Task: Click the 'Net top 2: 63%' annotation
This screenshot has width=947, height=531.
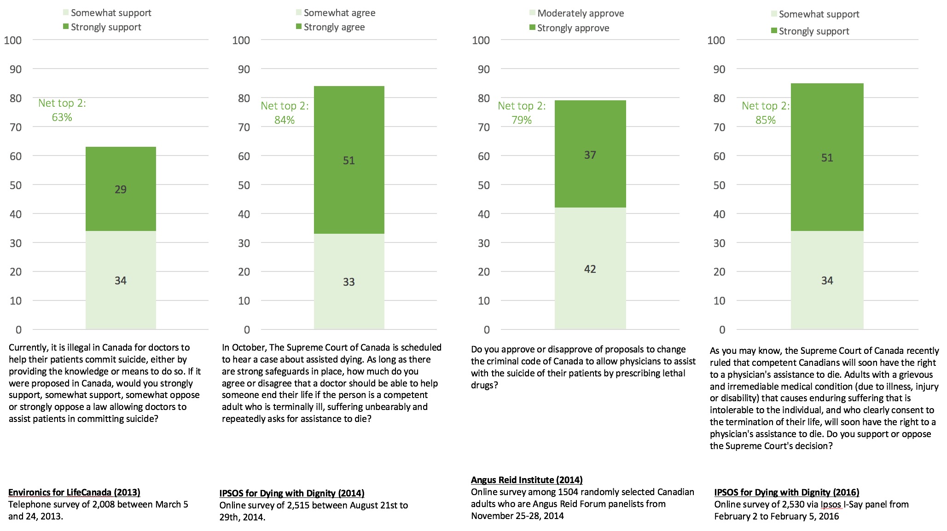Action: click(62, 110)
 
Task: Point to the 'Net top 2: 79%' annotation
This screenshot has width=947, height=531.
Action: click(522, 113)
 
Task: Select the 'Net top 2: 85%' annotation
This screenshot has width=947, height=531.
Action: click(766, 113)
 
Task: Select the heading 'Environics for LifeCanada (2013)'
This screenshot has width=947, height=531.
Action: click(74, 492)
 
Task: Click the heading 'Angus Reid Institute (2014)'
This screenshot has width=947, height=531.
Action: click(527, 480)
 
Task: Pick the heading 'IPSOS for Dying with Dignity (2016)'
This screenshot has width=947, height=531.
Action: click(787, 492)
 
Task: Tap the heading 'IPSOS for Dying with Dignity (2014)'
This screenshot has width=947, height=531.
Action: click(292, 493)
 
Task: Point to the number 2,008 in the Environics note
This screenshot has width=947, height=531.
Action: click(106, 504)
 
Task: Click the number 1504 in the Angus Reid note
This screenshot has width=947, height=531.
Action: click(568, 492)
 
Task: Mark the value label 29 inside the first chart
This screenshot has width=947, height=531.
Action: click(121, 190)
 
